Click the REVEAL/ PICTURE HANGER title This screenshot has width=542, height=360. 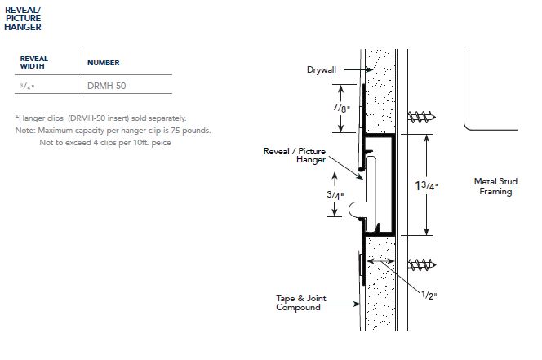click(22, 17)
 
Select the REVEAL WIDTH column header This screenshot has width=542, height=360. click(33, 62)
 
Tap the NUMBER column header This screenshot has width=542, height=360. click(104, 62)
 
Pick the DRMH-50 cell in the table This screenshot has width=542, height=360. click(106, 85)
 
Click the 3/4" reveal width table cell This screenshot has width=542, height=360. click(28, 85)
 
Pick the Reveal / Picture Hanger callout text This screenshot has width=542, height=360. click(294, 156)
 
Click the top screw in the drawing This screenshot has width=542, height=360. click(419, 117)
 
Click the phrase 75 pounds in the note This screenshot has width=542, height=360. click(193, 131)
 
